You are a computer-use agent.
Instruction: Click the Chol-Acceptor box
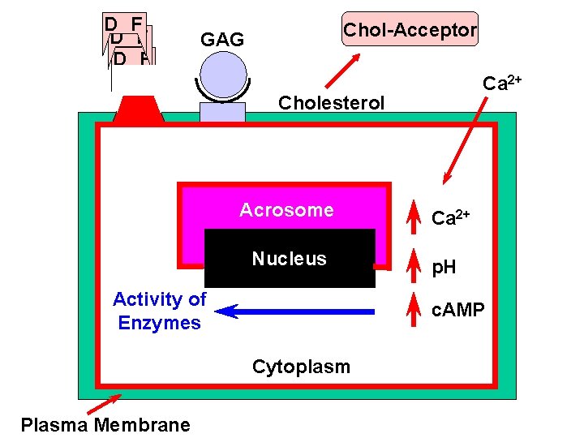tap(410, 29)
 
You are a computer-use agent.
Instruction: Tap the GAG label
tap(221, 40)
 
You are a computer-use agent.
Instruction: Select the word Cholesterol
tap(331, 103)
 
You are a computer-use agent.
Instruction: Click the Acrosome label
tap(286, 210)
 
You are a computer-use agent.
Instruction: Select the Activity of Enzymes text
tap(159, 311)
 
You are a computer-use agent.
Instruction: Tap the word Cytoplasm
tap(301, 367)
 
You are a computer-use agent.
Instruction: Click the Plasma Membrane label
tap(105, 425)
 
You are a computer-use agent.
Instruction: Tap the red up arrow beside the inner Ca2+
tap(414, 215)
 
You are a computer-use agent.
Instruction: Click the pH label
tap(444, 268)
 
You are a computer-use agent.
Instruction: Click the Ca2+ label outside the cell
tap(501, 84)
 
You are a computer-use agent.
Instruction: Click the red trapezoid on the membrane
tap(139, 109)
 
